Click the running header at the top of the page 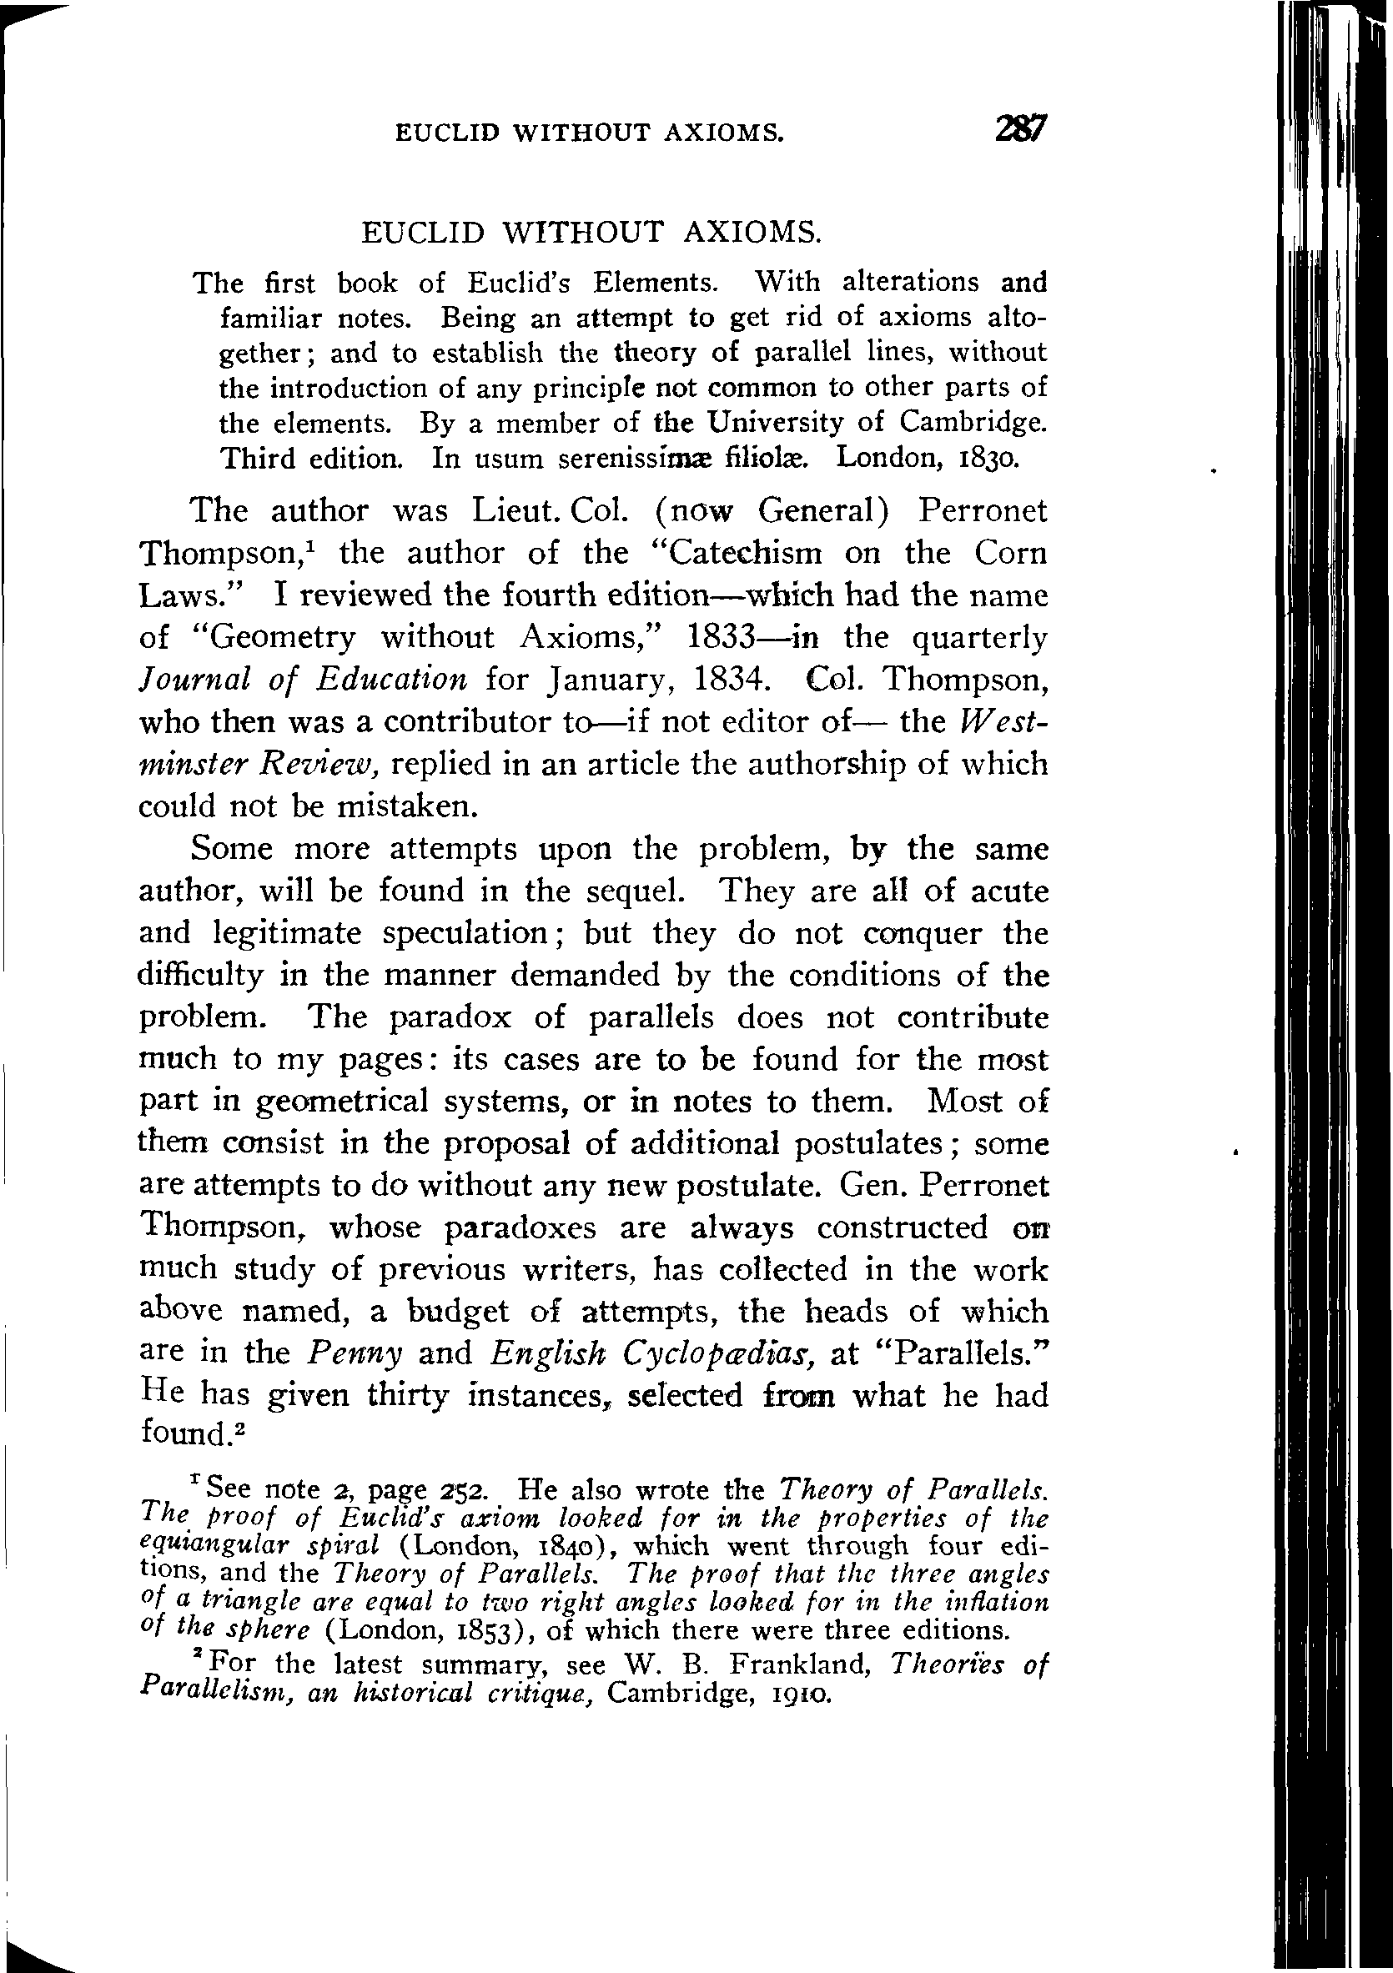coord(589,133)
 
